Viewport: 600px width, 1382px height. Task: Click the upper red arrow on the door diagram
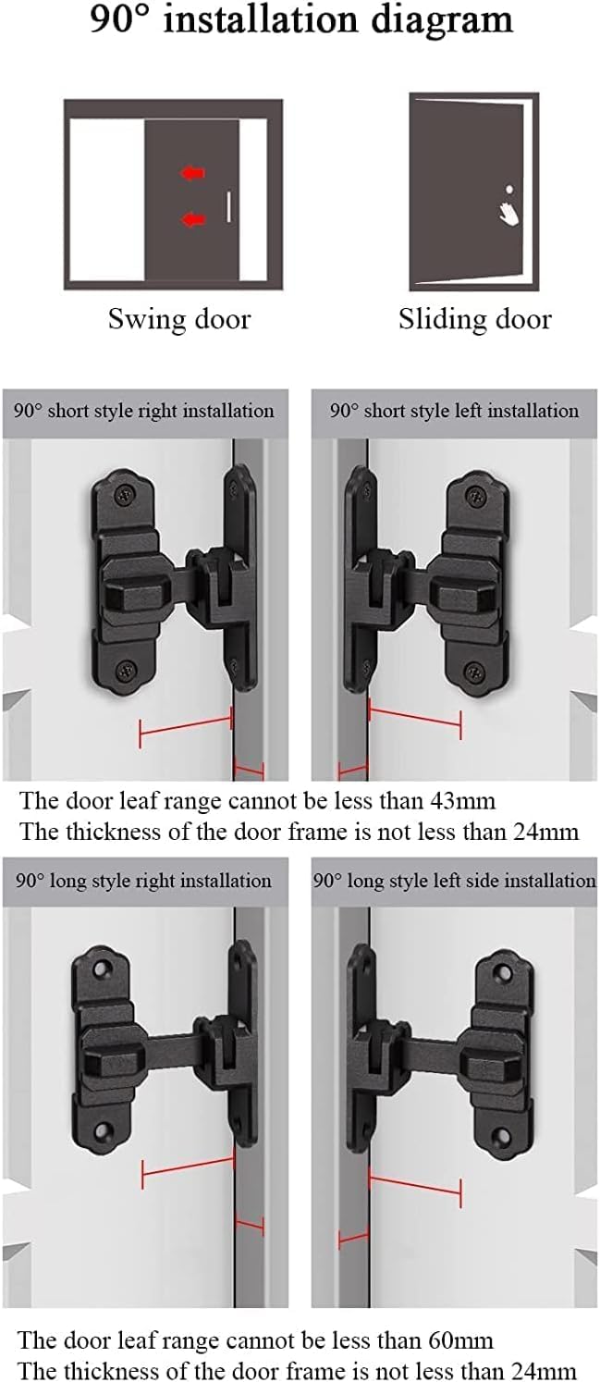coord(192,173)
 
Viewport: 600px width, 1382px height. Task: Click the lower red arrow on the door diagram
coord(192,219)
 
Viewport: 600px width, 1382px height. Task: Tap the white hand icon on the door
coord(508,212)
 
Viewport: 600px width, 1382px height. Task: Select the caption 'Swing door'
coord(179,320)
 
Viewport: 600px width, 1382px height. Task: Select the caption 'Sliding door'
coord(475,320)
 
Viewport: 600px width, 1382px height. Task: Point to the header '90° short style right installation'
coord(144,411)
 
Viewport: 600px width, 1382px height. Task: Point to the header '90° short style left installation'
coord(455,411)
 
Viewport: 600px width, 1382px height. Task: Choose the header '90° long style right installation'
coord(143,880)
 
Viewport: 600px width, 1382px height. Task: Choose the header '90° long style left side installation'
coord(455,880)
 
